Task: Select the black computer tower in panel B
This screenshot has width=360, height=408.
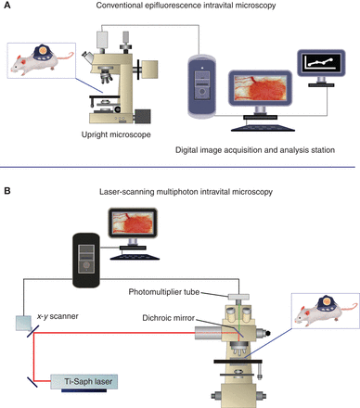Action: [x=84, y=254]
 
